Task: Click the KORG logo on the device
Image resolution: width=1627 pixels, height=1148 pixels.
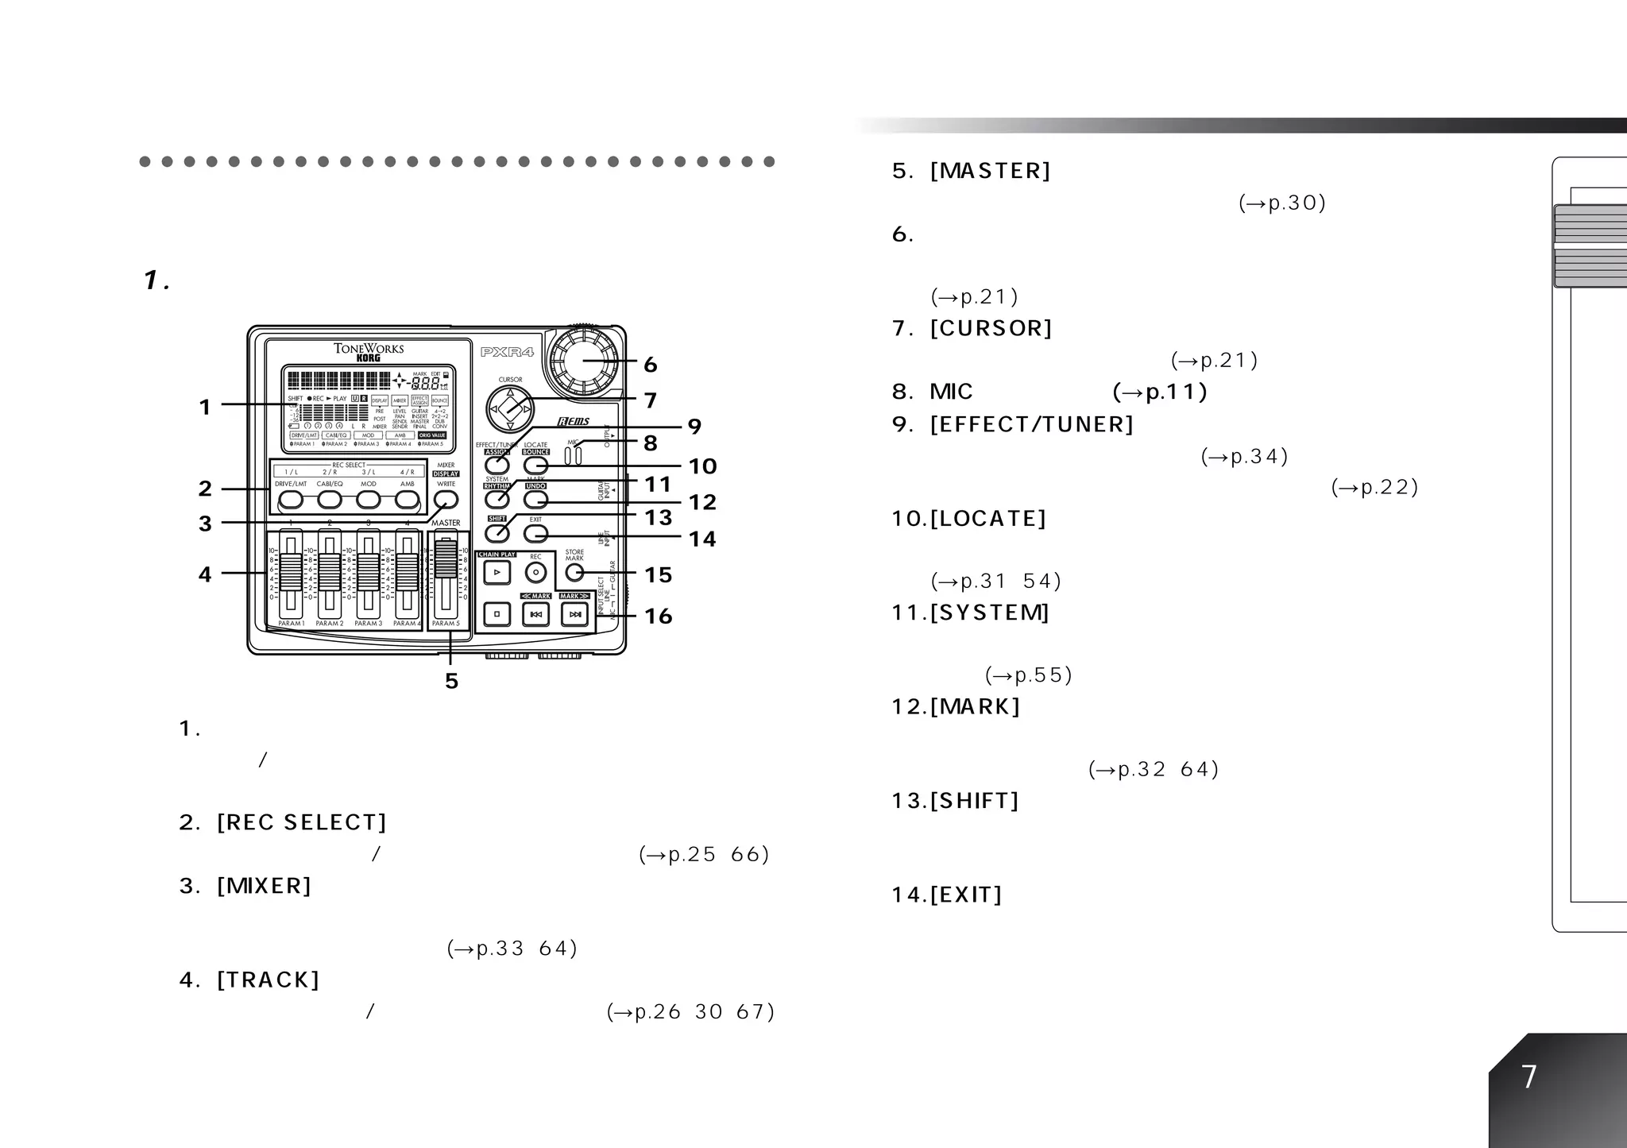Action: [x=369, y=358]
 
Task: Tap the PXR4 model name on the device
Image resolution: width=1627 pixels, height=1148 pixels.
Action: [x=507, y=352]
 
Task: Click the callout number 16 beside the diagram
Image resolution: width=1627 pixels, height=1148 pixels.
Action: [x=659, y=617]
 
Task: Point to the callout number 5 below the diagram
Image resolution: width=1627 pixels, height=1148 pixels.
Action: [x=451, y=681]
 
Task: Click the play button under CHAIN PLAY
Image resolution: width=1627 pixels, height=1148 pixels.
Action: [x=497, y=572]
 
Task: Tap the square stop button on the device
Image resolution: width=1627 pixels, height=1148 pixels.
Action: [x=497, y=614]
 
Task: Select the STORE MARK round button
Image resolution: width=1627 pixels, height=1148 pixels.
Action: [x=574, y=573]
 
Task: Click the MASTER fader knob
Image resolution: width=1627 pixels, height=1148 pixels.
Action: [x=446, y=559]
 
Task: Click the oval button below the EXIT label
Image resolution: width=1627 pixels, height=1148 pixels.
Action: [x=536, y=533]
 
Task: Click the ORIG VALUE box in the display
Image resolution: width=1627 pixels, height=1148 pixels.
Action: [x=432, y=435]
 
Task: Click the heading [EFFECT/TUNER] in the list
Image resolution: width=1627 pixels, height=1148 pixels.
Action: [x=1032, y=425]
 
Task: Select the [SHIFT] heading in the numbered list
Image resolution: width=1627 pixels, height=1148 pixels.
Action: [x=974, y=801]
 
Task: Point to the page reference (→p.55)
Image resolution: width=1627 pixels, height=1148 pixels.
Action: [x=1029, y=676]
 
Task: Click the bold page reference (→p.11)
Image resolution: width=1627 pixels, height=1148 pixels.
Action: [x=1160, y=392]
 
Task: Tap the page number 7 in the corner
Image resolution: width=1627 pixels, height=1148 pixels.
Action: [x=1529, y=1077]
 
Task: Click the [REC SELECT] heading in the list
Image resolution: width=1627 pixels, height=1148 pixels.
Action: [x=302, y=823]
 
